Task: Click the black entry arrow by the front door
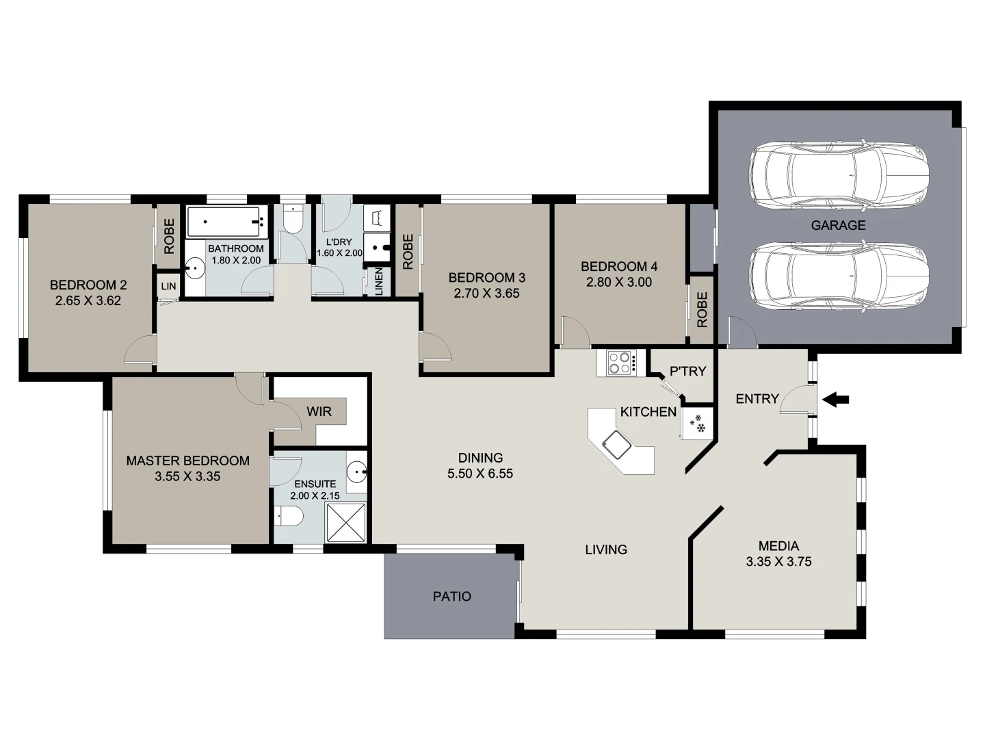coord(835,400)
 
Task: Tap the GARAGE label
coord(838,225)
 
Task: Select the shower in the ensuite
coord(346,523)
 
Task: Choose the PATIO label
coord(452,597)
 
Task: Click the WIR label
coord(319,411)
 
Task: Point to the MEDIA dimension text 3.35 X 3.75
coord(778,562)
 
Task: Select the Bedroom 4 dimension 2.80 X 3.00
coord(618,282)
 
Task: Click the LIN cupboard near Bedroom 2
coord(168,286)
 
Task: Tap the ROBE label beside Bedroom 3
coord(408,252)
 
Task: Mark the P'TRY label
coord(687,372)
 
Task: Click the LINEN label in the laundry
coord(378,281)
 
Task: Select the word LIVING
coord(606,549)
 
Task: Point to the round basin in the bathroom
coord(196,268)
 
